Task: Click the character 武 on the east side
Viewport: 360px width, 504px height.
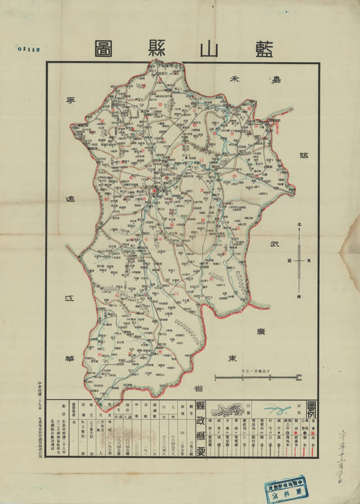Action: pyautogui.click(x=274, y=245)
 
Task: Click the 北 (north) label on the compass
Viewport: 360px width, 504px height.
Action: pyautogui.click(x=299, y=225)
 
